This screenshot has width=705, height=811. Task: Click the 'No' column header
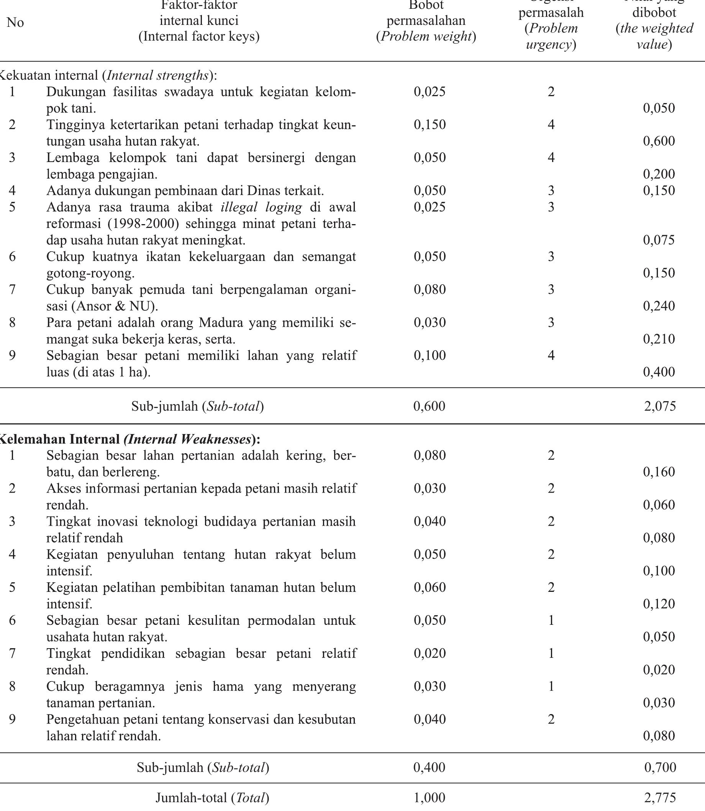(x=15, y=23)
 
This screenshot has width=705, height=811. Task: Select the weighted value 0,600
(x=659, y=141)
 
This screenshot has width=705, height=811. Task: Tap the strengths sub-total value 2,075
(x=660, y=406)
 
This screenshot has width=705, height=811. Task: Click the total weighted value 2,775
(x=660, y=798)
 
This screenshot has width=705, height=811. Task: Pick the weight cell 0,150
(x=430, y=125)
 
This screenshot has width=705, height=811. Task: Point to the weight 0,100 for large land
(x=430, y=356)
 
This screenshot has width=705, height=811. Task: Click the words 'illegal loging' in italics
(x=261, y=207)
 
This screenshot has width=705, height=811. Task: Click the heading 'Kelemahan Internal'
(x=59, y=439)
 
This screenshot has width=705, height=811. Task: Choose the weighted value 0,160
(x=659, y=472)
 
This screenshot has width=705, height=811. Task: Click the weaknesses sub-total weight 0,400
(x=429, y=767)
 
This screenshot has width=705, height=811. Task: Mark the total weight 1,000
(x=429, y=798)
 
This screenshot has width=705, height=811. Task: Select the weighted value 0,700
(x=660, y=767)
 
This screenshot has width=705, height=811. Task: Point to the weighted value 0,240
(x=659, y=306)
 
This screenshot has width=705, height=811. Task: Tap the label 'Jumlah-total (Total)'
(x=212, y=798)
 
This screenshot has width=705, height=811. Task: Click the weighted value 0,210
(x=659, y=339)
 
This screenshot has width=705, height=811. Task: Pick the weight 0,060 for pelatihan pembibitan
(x=430, y=587)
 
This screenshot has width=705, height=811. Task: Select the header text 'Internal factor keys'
(x=199, y=36)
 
